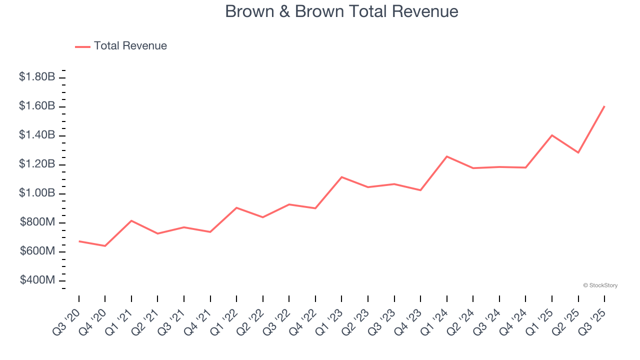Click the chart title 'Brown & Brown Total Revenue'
(x=341, y=11)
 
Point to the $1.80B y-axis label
(x=37, y=77)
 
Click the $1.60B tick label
(x=37, y=106)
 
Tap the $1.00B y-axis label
(x=37, y=193)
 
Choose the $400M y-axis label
(x=37, y=280)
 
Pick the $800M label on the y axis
(x=37, y=222)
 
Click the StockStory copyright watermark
(x=600, y=285)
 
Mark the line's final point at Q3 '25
(x=604, y=106)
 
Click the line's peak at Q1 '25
(x=552, y=135)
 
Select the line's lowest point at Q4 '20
(x=105, y=246)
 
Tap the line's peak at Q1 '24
(x=447, y=156)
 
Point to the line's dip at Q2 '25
(x=578, y=152)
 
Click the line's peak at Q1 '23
(x=341, y=177)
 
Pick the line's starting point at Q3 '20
(x=79, y=241)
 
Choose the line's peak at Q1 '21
(x=131, y=220)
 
